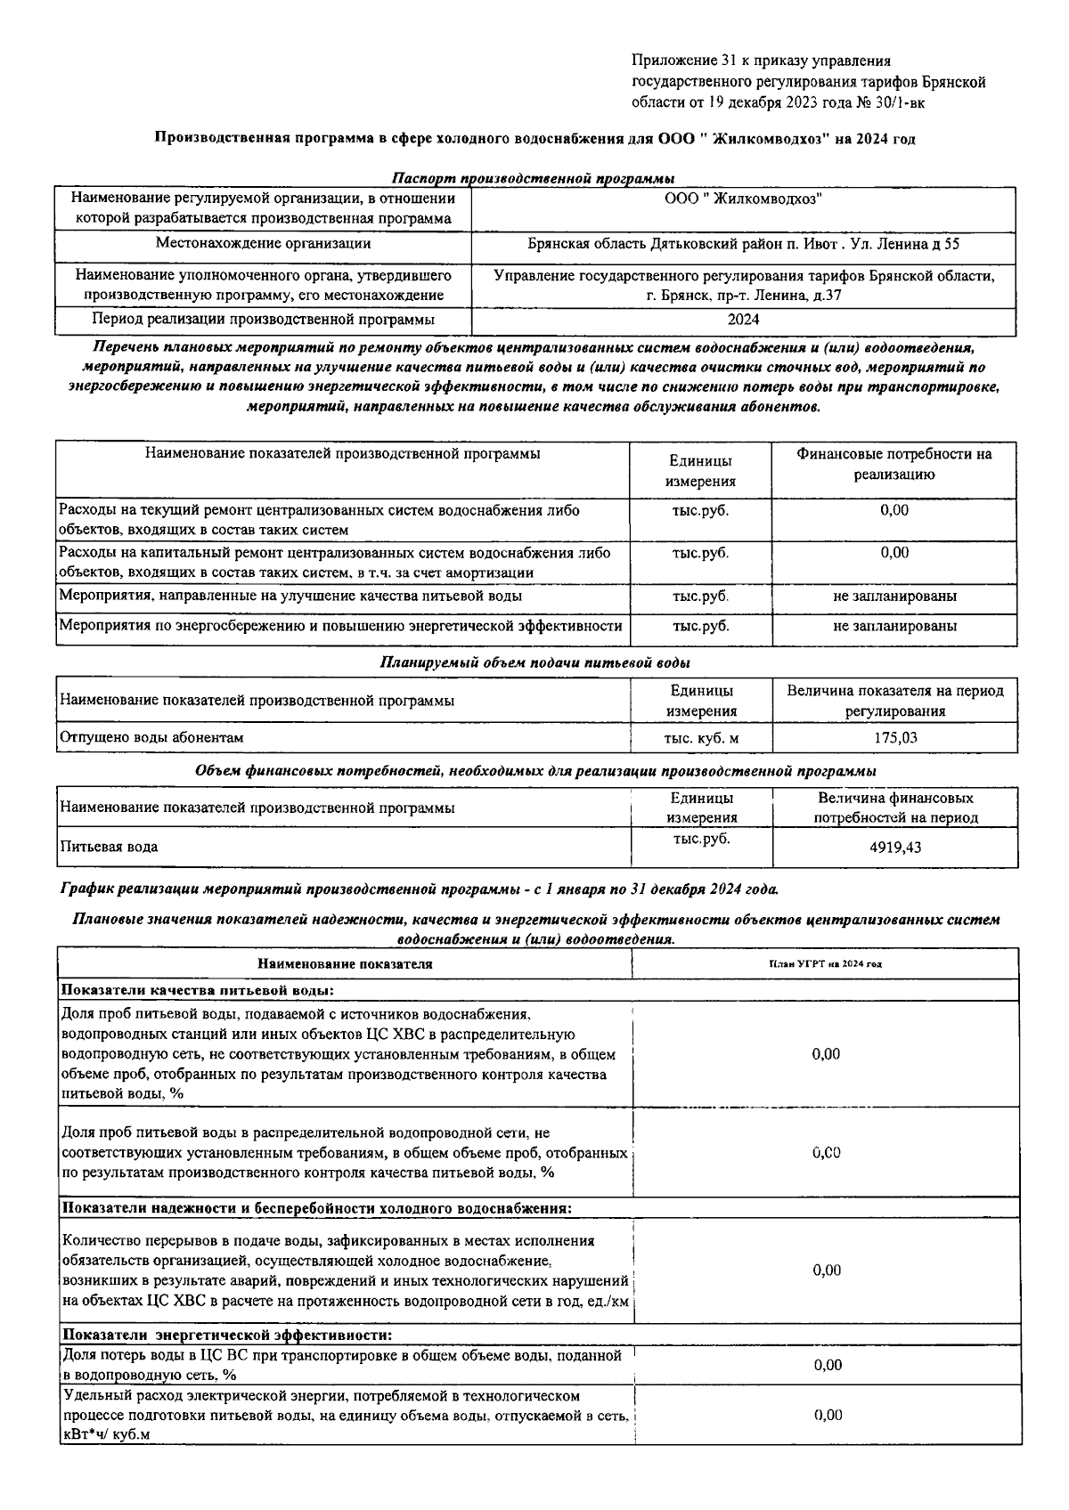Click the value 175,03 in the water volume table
[x=894, y=737]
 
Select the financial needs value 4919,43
[x=895, y=848]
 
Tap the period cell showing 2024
[x=743, y=319]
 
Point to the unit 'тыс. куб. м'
[x=701, y=737]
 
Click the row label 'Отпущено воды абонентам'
[x=151, y=737]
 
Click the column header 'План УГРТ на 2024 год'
[x=825, y=964]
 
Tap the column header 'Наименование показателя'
[x=345, y=963]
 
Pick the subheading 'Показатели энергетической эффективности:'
[x=226, y=1335]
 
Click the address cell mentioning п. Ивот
[x=743, y=243]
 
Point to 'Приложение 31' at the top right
[x=674, y=61]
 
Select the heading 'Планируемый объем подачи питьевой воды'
[x=534, y=662]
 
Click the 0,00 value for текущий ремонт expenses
[x=894, y=510]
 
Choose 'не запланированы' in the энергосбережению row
[x=894, y=626]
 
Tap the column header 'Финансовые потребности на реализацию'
[x=894, y=464]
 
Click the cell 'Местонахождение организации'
[x=263, y=243]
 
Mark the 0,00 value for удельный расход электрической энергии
[x=828, y=1415]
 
